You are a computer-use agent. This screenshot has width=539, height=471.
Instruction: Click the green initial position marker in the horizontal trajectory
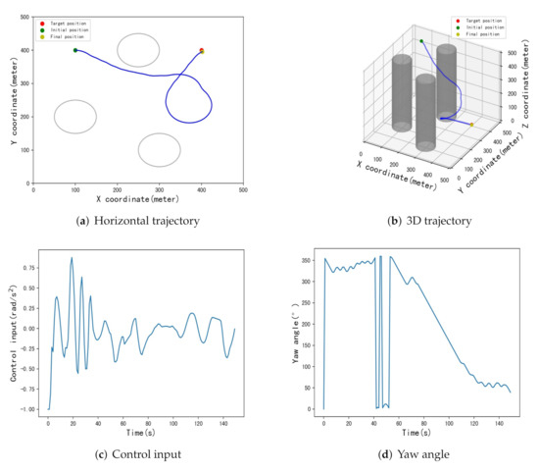75,50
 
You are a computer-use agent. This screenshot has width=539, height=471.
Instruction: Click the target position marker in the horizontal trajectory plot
202,50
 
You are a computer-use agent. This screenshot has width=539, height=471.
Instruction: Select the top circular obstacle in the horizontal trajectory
138,49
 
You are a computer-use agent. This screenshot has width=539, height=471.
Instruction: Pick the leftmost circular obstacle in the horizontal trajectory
75,117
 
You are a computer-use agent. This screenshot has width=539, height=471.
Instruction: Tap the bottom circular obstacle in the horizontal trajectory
160,150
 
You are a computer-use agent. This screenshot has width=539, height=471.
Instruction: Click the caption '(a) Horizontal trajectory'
138,221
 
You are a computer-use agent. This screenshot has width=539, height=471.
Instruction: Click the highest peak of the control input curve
72,258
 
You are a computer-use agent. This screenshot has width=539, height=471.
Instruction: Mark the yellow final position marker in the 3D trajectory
471,125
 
